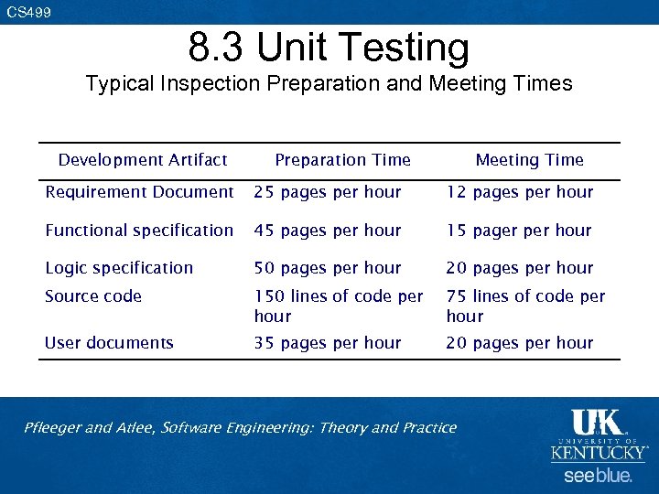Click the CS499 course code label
(28, 13)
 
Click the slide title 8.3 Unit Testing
(329, 48)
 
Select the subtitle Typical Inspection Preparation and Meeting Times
(329, 84)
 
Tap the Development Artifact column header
(143, 160)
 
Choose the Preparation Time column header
(342, 160)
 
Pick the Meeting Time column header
(529, 160)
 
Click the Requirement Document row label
(139, 192)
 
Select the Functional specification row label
(139, 231)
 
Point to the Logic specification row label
(119, 268)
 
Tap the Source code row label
(93, 296)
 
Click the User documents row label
(109, 343)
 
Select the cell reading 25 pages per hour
(328, 192)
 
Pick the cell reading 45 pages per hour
(328, 231)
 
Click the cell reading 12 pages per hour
(520, 192)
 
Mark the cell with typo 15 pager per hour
(519, 231)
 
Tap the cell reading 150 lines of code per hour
(338, 306)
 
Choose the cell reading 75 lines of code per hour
(525, 306)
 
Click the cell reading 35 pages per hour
(328, 343)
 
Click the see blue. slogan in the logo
(598, 476)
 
